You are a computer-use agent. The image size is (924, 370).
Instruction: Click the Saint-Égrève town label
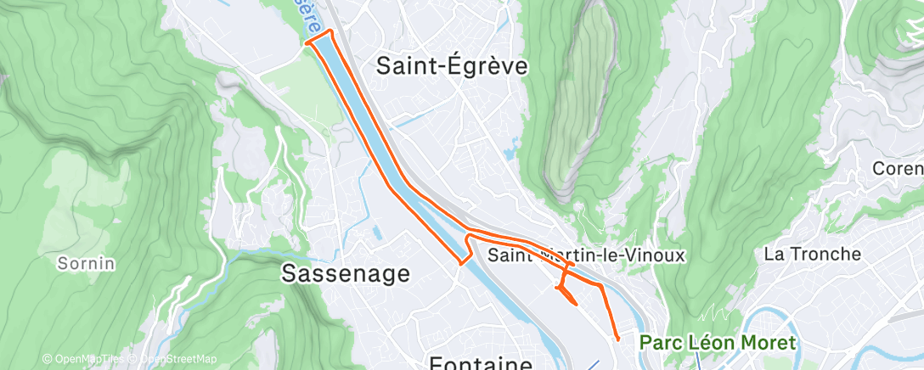(452, 66)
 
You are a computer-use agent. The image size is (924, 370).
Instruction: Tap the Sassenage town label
(346, 273)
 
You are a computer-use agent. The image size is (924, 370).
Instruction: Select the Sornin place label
(86, 263)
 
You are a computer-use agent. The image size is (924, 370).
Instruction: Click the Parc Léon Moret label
(718, 343)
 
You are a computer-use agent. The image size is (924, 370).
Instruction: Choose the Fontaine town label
(480, 363)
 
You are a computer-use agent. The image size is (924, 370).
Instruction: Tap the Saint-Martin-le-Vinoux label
(586, 255)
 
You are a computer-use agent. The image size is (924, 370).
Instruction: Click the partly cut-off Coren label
(898, 169)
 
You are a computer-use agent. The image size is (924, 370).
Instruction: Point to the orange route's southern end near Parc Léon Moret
(617, 339)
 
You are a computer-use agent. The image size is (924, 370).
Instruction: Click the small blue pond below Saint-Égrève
(510, 154)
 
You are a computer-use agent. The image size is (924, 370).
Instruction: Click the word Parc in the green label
(660, 343)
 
